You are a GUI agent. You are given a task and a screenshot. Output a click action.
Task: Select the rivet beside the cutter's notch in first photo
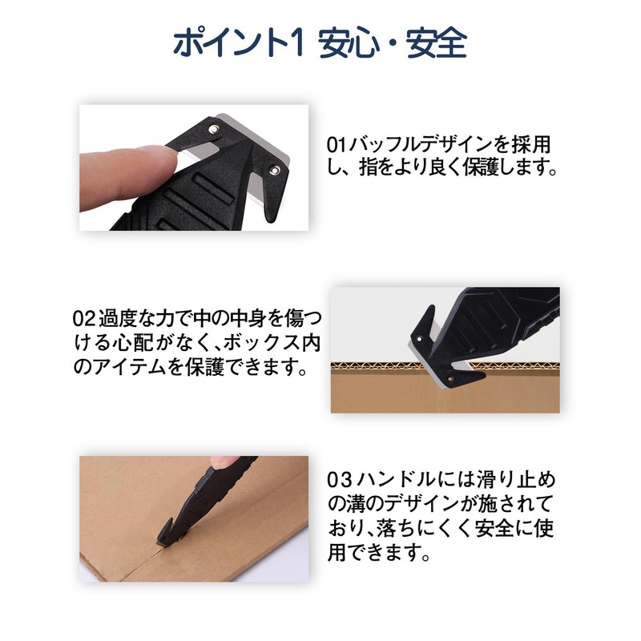coord(273,169)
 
